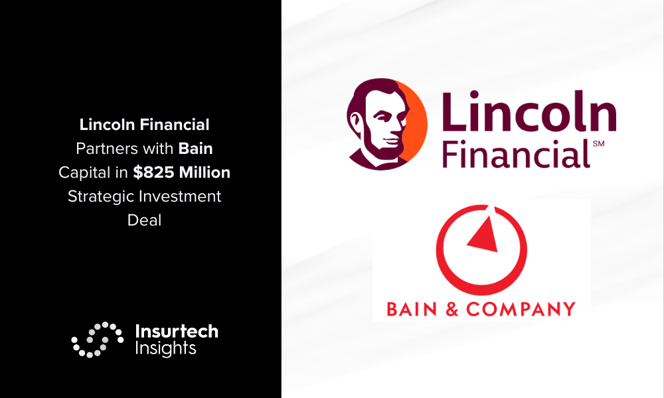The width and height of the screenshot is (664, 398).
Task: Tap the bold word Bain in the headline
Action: (x=195, y=149)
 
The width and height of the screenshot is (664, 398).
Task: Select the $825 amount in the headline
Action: (x=153, y=172)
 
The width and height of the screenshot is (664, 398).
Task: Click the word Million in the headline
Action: (x=205, y=172)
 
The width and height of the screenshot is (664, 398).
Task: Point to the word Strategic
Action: (x=101, y=196)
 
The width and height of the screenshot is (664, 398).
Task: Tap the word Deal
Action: (x=144, y=220)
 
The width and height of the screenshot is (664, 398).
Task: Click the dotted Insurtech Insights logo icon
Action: (x=98, y=340)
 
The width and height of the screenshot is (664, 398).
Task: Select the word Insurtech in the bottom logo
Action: (x=177, y=331)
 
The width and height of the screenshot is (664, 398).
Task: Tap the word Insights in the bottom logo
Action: (x=165, y=348)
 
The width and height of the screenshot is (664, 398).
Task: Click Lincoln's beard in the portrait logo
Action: (x=380, y=148)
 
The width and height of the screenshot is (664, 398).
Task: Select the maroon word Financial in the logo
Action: (x=516, y=153)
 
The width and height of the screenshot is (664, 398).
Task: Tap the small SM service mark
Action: (x=598, y=144)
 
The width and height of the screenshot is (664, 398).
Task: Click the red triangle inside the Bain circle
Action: (x=484, y=236)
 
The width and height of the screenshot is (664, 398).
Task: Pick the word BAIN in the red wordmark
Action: (x=406, y=309)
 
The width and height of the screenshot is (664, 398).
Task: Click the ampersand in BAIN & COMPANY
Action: (x=452, y=309)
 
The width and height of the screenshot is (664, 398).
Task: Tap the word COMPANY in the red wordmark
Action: (x=521, y=309)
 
